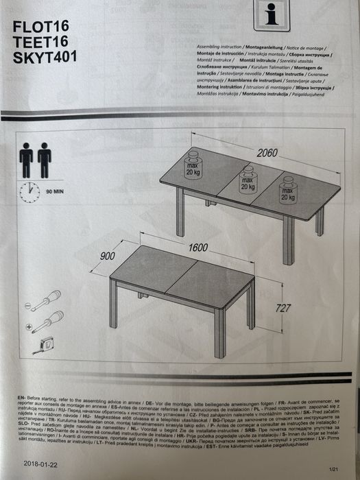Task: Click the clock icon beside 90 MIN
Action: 29,192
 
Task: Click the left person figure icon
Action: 27,160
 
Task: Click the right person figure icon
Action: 45,160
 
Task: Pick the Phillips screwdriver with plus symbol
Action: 47,321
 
